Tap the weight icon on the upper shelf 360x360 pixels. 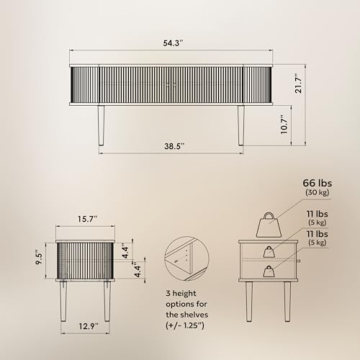(269, 251)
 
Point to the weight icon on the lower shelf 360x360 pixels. (269, 271)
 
